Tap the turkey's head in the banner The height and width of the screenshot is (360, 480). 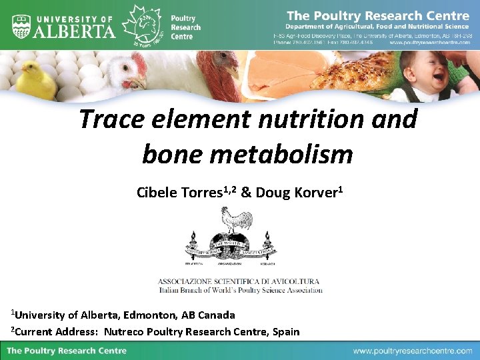coord(223,67)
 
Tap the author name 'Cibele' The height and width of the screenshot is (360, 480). coord(157,193)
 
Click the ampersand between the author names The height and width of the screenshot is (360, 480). coord(245,193)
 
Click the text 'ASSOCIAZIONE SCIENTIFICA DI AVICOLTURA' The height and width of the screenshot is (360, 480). coord(239,281)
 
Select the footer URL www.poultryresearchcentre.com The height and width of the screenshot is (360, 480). coord(413,351)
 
